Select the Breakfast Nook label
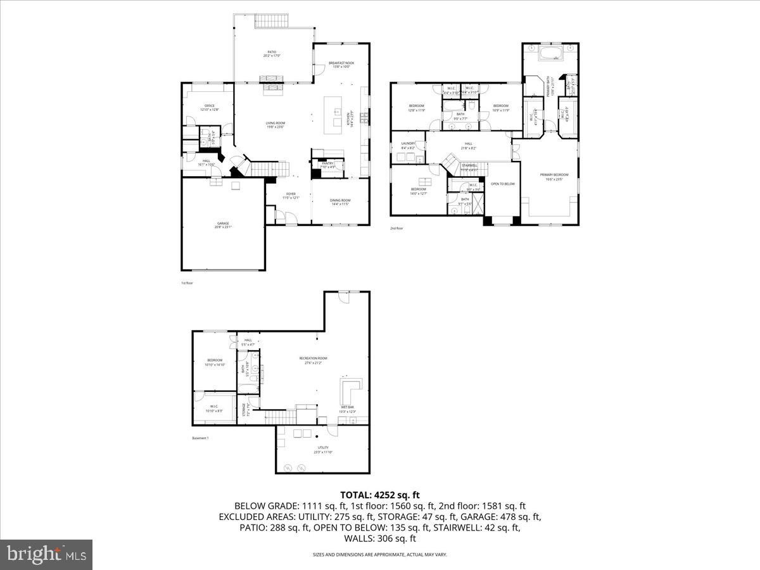click(341, 64)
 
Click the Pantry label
click(327, 165)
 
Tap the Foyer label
click(290, 195)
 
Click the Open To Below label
click(503, 184)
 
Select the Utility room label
click(323, 449)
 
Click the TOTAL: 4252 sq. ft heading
click(380, 495)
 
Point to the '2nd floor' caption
click(396, 228)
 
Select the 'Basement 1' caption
click(200, 438)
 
